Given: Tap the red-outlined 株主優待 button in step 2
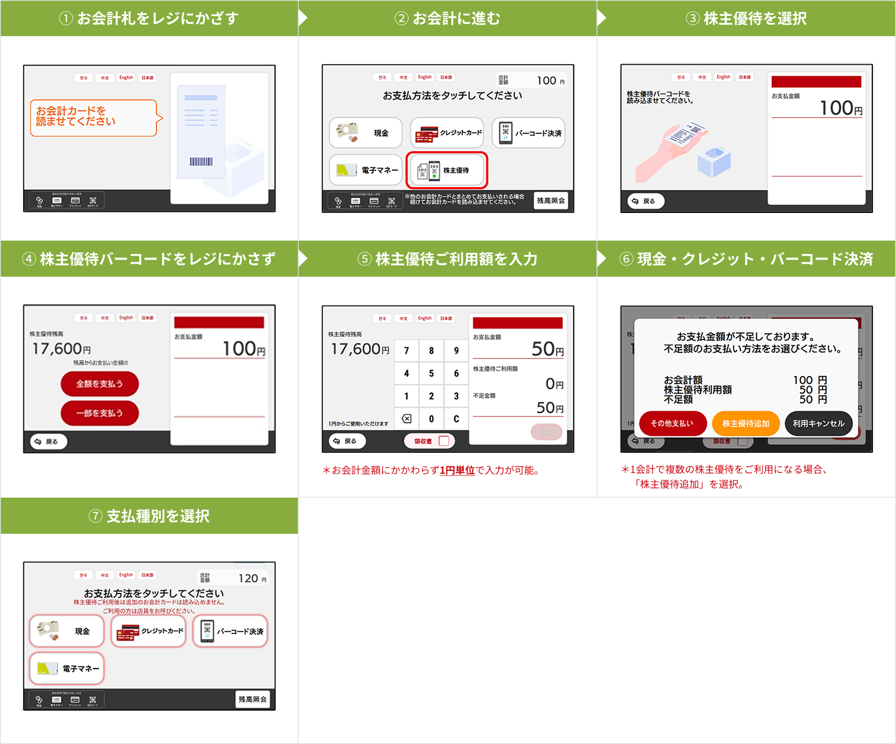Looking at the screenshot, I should point(446,170).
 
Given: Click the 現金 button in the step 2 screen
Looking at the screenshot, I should point(365,133).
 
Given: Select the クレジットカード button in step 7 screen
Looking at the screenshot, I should point(148,631).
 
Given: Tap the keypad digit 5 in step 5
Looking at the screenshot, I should point(431,373).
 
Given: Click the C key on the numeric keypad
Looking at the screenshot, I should point(456,419).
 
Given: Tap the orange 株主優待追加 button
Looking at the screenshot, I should point(746,423).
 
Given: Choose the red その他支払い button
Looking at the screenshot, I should point(672,423).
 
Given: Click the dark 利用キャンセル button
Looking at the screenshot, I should point(818,423).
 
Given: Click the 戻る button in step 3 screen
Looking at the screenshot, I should point(645,201).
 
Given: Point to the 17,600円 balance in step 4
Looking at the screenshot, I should point(61,349).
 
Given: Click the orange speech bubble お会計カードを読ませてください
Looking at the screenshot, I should point(93,117).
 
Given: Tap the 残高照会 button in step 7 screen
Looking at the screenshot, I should point(252,699).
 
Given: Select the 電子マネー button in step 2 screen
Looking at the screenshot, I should point(365,170).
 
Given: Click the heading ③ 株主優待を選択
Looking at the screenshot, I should point(746,18).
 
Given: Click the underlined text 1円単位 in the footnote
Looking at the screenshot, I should point(457,470).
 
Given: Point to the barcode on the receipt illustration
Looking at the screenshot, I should point(201,162).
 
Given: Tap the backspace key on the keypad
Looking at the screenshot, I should point(406,419).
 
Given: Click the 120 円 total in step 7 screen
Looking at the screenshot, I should point(252,578).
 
